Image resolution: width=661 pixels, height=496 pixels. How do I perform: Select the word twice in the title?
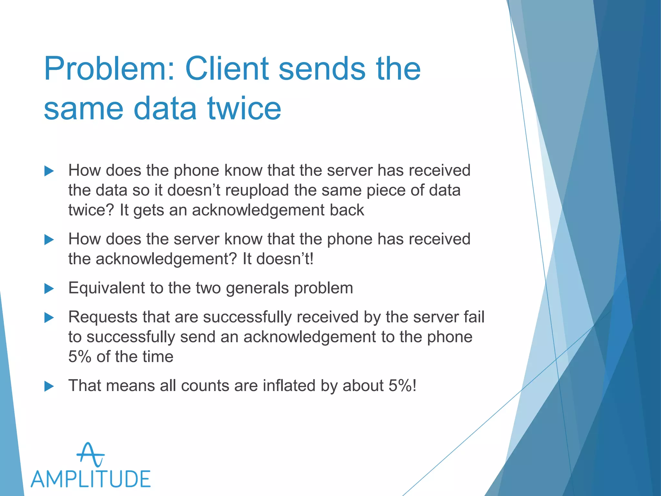[244, 108]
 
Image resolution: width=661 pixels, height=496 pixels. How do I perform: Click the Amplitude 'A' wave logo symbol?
[90, 455]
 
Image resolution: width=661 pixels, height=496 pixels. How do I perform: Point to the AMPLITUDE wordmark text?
[91, 479]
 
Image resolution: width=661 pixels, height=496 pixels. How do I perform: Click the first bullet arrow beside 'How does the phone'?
[49, 171]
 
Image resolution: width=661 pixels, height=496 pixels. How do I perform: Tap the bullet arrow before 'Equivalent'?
[49, 288]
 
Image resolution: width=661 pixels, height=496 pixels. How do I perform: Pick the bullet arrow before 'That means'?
[49, 386]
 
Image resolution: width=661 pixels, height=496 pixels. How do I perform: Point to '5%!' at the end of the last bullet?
[402, 386]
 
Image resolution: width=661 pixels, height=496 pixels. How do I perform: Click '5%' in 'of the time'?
[79, 357]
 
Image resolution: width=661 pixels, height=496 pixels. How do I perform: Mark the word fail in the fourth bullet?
[474, 317]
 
